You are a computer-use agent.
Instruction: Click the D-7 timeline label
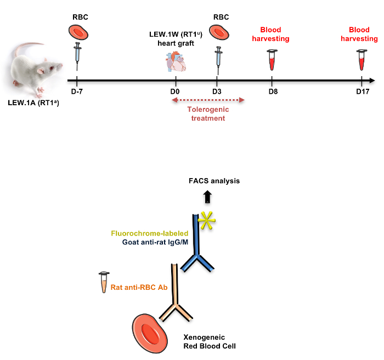point(77,91)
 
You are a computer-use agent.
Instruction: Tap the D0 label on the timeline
point(175,91)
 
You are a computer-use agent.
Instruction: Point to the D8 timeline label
point(273,91)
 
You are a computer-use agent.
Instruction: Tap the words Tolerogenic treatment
point(206,113)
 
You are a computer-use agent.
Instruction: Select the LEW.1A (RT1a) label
point(33,102)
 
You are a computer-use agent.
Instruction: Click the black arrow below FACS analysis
point(207,196)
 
